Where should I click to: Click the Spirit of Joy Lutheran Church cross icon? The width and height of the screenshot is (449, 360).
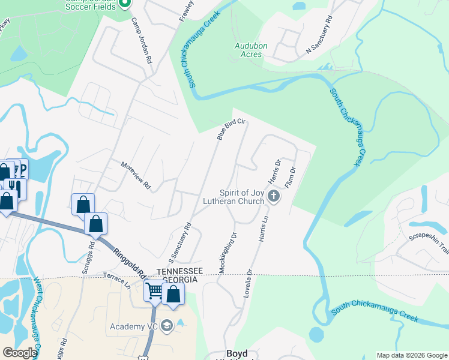pyautogui.click(x=274, y=196)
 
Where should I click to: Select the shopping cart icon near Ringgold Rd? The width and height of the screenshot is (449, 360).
pyautogui.click(x=154, y=292)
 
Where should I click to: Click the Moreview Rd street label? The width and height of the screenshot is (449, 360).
pyautogui.click(x=135, y=176)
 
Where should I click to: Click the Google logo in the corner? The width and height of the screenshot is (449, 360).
pyautogui.click(x=20, y=353)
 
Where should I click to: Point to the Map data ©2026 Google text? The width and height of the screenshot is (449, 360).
pyautogui.click(x=411, y=355)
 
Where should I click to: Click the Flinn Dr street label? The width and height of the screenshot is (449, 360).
pyautogui.click(x=291, y=179)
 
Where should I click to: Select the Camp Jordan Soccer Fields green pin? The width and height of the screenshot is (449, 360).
pyautogui.click(x=125, y=4)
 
